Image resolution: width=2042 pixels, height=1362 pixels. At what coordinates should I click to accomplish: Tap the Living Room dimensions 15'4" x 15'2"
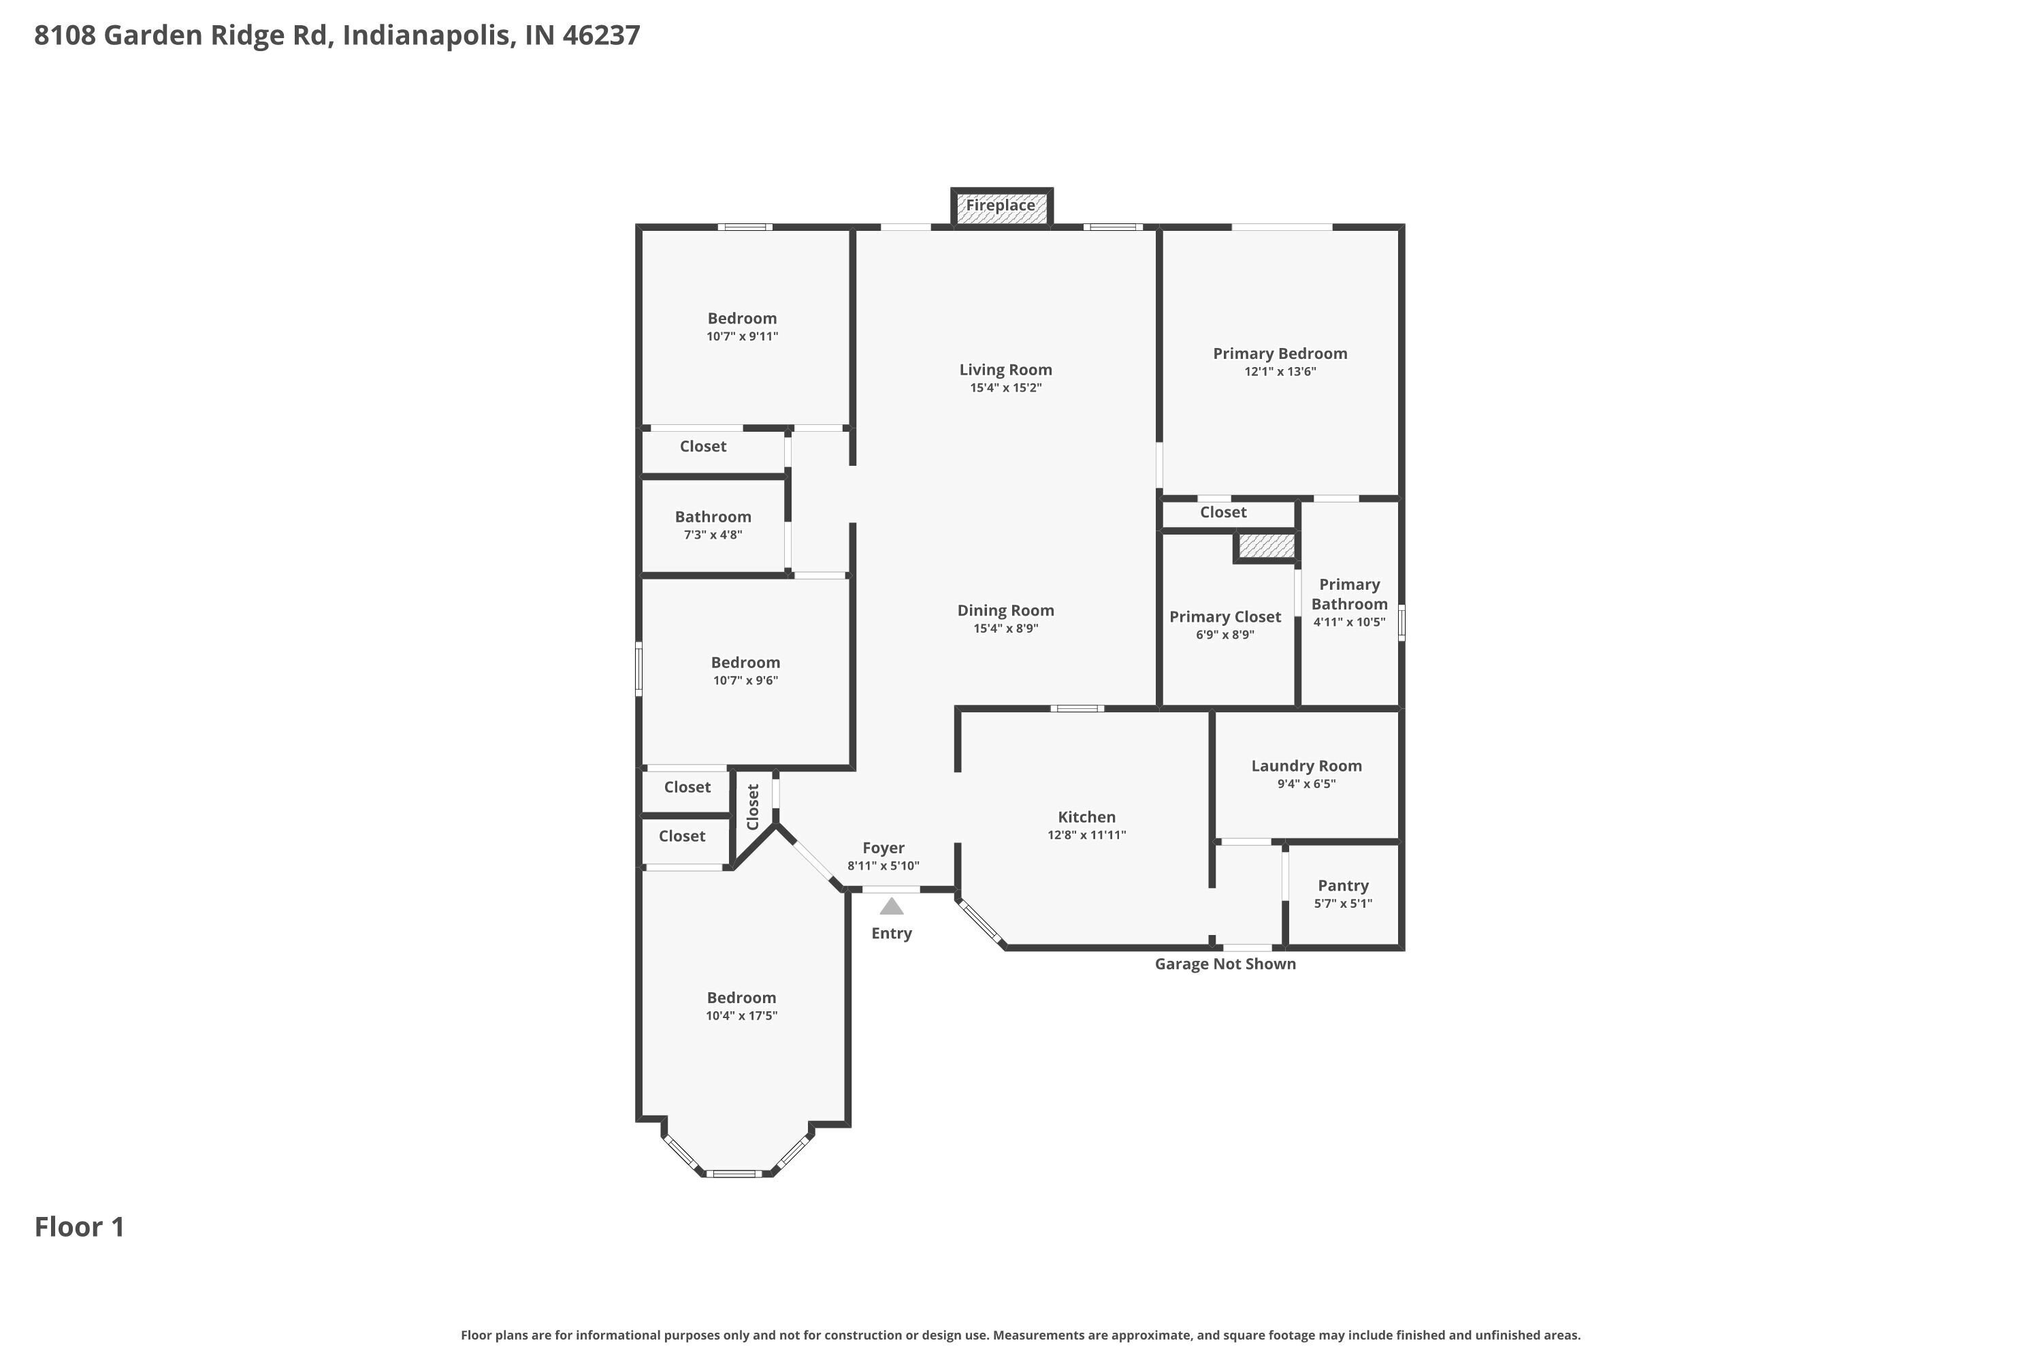[1005, 388]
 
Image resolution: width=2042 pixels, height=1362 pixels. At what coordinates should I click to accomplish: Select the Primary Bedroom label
[1280, 353]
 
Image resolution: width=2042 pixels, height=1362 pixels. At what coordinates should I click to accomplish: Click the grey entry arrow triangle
[892, 907]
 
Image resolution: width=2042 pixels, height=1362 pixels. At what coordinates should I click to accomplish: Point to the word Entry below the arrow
[892, 934]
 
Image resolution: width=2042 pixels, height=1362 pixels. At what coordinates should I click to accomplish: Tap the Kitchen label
[1086, 817]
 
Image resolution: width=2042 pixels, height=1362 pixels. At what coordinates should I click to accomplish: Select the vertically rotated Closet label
[753, 807]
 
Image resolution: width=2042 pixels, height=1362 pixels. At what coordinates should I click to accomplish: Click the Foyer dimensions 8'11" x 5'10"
[883, 866]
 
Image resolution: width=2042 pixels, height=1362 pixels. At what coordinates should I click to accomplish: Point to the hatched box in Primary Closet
[1266, 546]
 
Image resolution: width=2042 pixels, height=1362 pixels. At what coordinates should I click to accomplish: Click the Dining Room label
[1005, 611]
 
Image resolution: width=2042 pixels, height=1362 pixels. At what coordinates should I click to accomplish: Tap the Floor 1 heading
[79, 1226]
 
